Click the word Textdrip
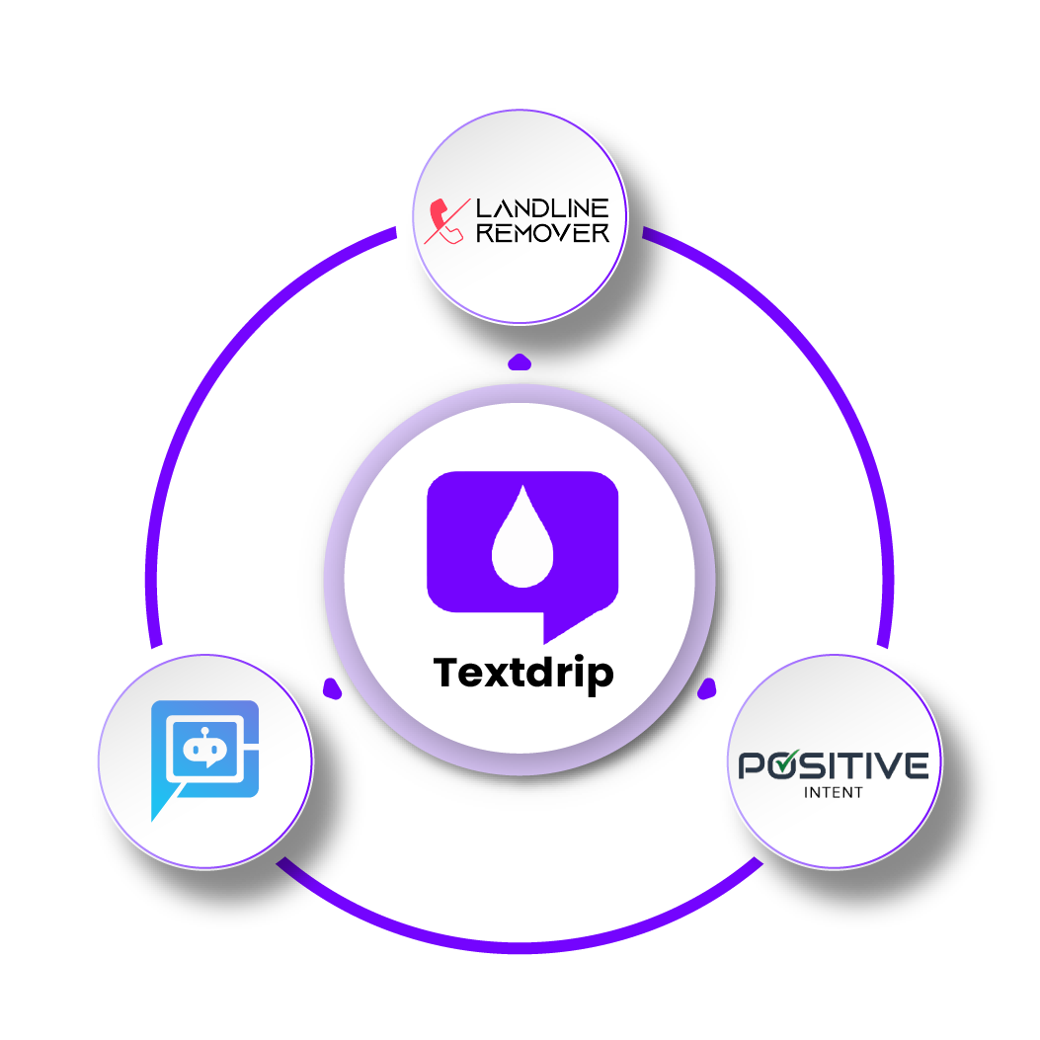coord(523,673)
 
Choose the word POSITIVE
coord(834,765)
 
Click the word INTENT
coord(834,792)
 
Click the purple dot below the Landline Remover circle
coord(520,360)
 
